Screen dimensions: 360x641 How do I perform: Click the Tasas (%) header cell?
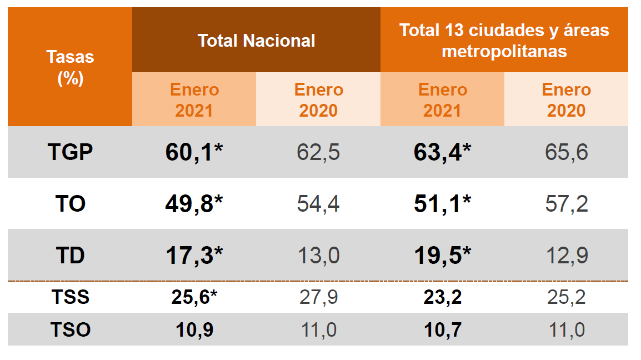(x=70, y=67)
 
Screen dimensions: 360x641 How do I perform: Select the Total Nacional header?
(x=256, y=41)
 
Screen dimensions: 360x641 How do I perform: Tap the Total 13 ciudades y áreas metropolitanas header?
(x=504, y=41)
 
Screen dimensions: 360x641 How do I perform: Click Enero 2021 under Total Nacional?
(x=194, y=100)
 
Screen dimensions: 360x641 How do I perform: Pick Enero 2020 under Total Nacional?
(x=318, y=100)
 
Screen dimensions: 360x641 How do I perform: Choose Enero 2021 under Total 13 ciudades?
(x=442, y=100)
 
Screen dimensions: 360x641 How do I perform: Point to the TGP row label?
(x=70, y=152)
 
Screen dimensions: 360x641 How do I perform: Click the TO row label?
(x=70, y=204)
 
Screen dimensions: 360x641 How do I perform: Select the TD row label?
(x=70, y=256)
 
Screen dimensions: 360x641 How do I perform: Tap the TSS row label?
(x=70, y=297)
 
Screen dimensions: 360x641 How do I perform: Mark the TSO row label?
(x=70, y=330)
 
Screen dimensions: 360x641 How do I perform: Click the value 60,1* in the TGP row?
(x=194, y=152)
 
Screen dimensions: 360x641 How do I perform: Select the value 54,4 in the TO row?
(x=318, y=204)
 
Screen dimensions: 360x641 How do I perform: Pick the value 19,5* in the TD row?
(x=442, y=256)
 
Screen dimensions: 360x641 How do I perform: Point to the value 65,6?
(x=566, y=152)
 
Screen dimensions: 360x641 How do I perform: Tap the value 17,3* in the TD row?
(x=194, y=256)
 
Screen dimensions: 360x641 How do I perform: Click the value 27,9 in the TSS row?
(x=318, y=297)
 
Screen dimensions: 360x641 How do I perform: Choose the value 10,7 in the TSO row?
(x=442, y=330)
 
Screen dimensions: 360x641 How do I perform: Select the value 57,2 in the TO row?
(x=566, y=204)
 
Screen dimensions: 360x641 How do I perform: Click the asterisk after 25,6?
(x=213, y=294)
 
